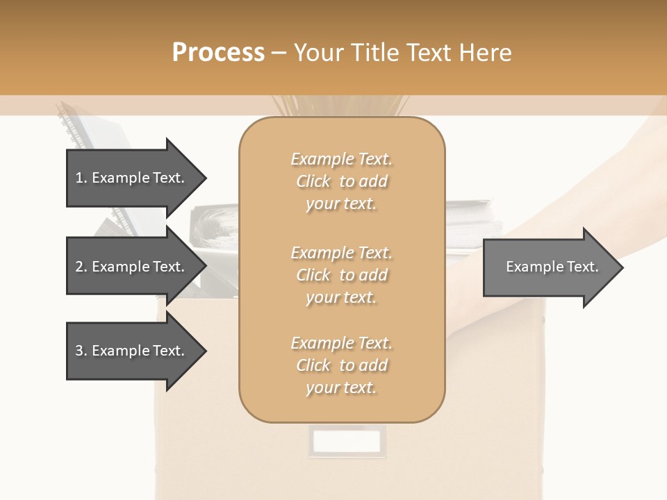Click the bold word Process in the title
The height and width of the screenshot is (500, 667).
[218, 53]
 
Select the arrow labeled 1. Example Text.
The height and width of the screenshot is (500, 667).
[132, 178]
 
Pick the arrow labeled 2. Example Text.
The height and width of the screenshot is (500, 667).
[132, 267]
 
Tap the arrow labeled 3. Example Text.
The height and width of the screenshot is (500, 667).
[132, 351]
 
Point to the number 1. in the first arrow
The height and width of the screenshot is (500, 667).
[81, 178]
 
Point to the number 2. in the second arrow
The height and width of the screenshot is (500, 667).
[81, 267]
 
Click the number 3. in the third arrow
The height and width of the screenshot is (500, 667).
[81, 351]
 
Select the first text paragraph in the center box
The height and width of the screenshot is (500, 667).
[341, 181]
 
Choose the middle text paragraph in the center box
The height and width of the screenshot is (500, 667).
[341, 275]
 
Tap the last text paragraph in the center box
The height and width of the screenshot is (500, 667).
[341, 365]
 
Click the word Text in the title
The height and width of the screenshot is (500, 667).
[431, 53]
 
